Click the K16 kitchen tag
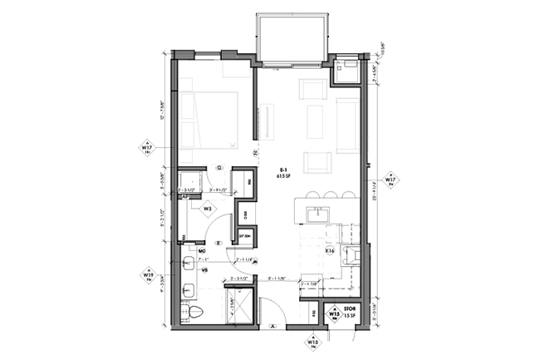point(329,249)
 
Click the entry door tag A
point(272,327)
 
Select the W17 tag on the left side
point(147,150)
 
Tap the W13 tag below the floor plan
point(313,341)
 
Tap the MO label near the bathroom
point(202,249)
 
